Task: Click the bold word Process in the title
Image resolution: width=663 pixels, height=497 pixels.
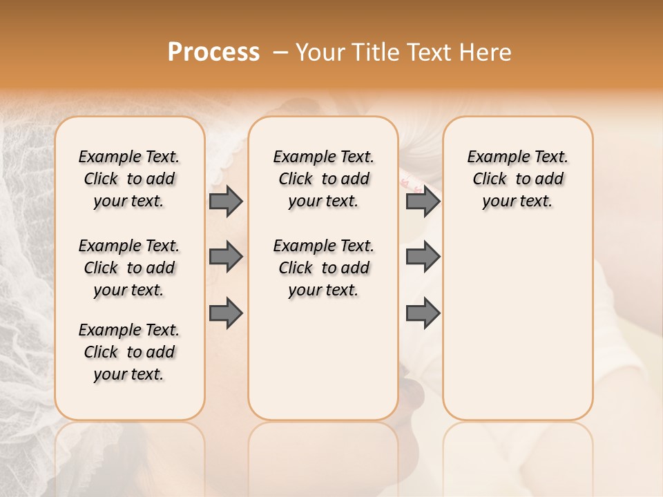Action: pos(213,52)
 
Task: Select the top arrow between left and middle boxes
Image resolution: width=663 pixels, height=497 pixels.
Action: pos(226,201)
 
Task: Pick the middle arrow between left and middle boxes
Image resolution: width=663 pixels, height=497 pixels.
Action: pos(226,257)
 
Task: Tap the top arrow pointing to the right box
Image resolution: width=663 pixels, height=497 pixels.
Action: pos(423,201)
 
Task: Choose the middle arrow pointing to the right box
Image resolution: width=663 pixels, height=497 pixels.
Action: pos(423,257)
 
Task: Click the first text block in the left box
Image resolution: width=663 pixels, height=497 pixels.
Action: pos(129,179)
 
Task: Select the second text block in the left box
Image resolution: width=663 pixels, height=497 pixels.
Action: pos(129,268)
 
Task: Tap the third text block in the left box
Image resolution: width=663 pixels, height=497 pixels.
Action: pos(129,352)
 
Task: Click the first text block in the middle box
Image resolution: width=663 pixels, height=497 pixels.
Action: pos(323,179)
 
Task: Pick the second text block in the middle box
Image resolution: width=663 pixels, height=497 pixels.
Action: pos(323,268)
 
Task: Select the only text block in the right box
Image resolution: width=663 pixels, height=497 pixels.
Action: pos(517,179)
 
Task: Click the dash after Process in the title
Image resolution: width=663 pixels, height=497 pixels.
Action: pos(280,52)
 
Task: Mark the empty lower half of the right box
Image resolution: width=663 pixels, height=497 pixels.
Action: pos(517,324)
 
